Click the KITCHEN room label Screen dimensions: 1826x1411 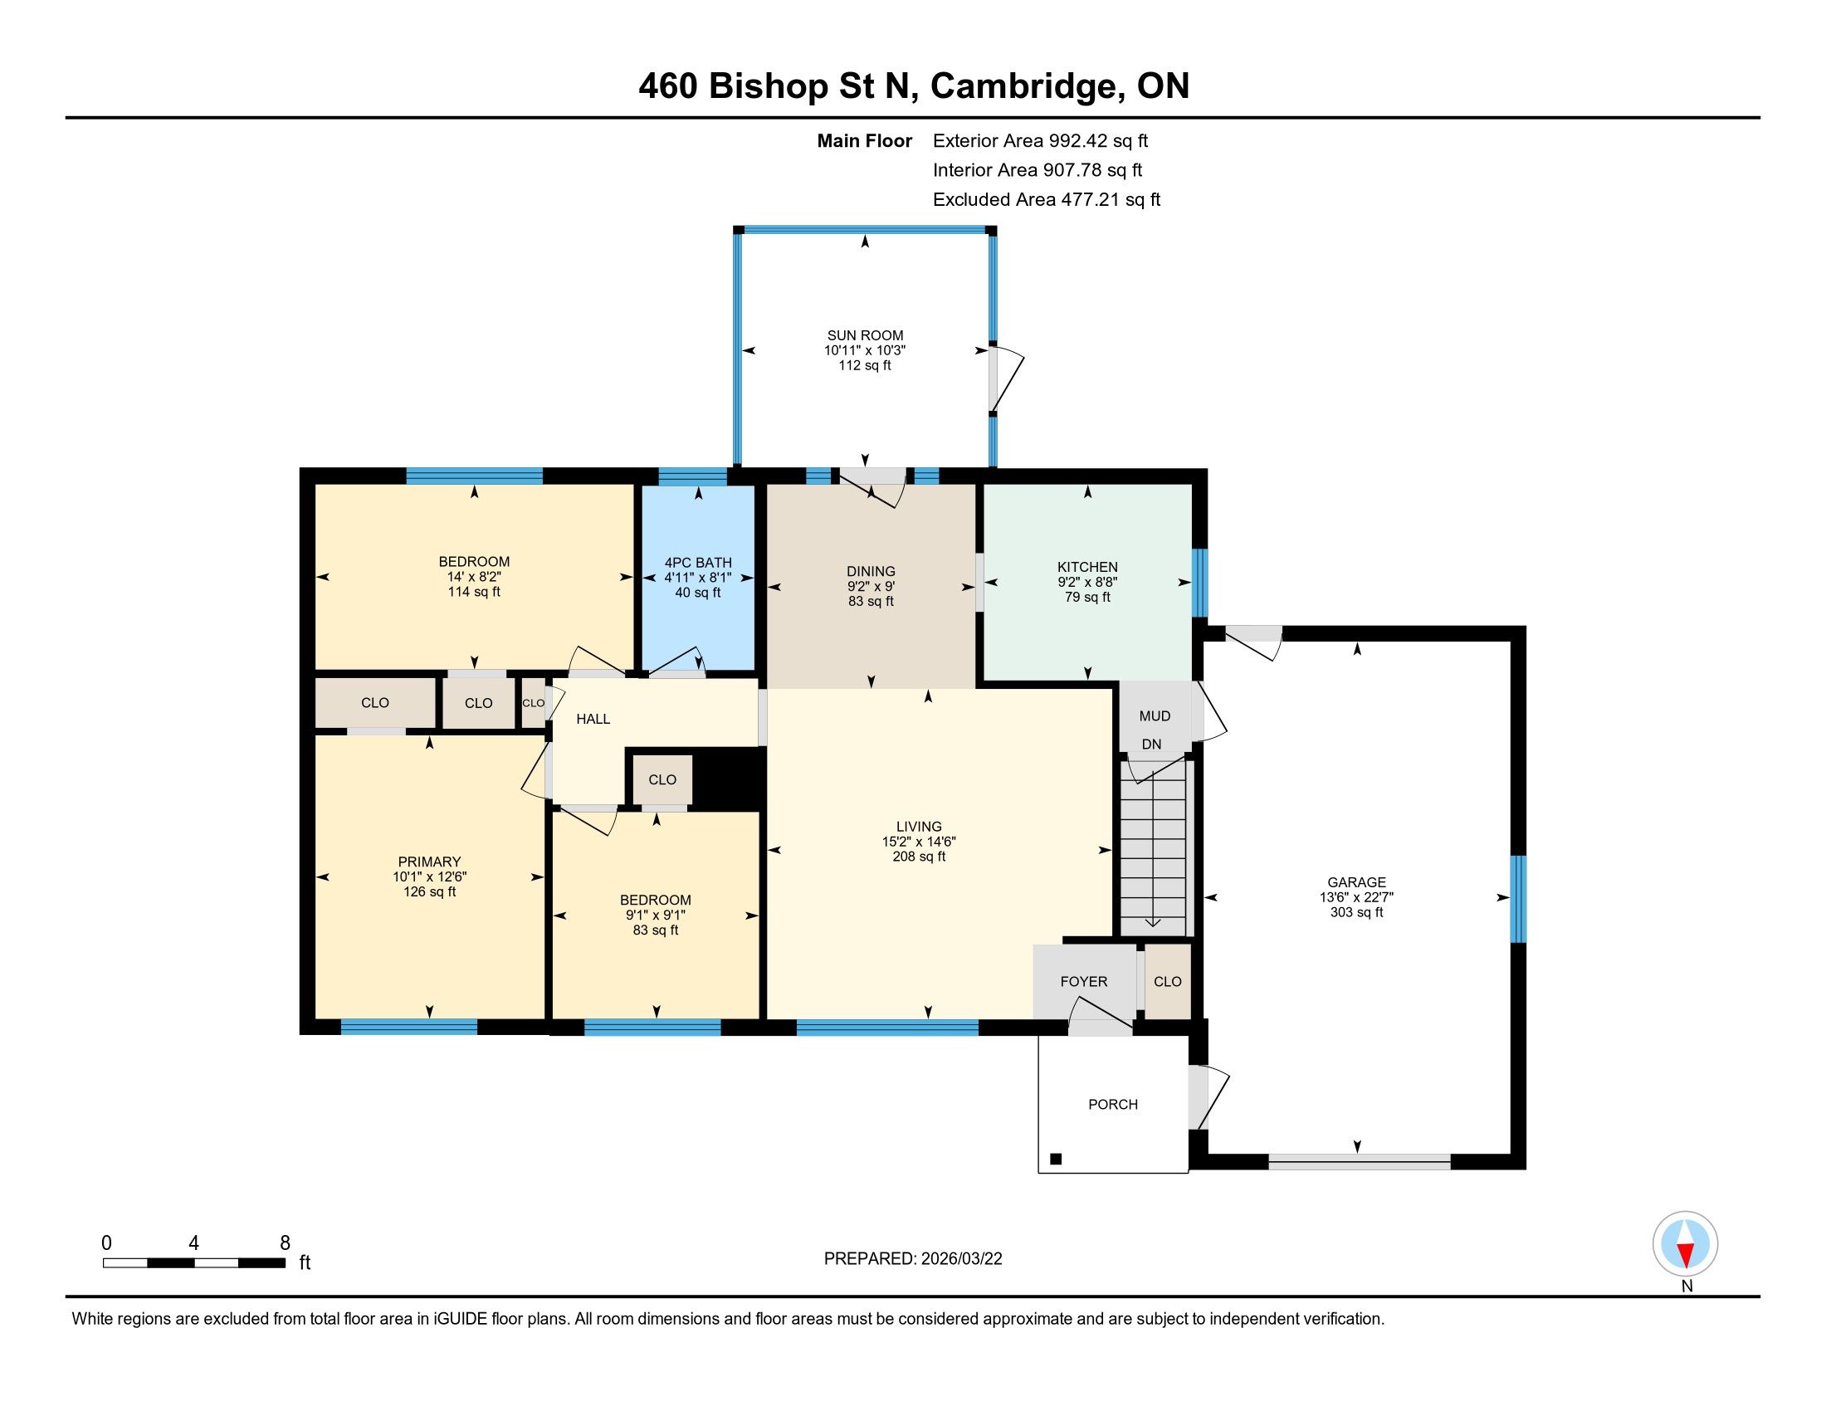pos(1087,567)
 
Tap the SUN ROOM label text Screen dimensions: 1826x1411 pos(866,335)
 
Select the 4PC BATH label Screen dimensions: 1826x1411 pos(698,563)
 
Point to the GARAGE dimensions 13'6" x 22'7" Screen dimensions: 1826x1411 pos(1356,897)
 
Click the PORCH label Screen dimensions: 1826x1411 pos(1113,1104)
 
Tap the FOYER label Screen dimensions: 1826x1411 pos(1083,981)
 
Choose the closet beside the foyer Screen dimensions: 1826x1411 pos(1167,981)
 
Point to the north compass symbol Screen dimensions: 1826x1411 pos(1686,1244)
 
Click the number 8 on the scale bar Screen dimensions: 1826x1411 pos(285,1243)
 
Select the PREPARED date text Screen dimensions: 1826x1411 pos(913,1258)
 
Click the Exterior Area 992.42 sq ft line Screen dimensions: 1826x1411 pos(1040,140)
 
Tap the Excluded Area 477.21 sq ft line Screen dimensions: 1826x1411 pos(1047,199)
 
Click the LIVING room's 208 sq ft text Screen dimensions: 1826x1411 pos(919,856)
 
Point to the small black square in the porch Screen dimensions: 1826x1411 pos(1056,1159)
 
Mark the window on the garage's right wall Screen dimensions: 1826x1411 pos(1518,899)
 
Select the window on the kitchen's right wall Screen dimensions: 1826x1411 pos(1200,583)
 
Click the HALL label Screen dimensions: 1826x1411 pos(593,719)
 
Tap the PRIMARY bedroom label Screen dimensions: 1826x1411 pos(430,862)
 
